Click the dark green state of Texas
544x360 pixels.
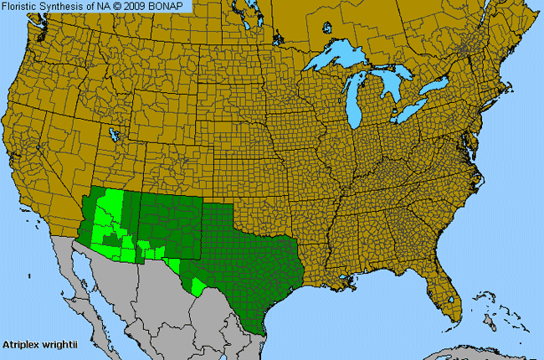coord(251,251)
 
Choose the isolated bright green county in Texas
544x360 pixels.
coord(198,286)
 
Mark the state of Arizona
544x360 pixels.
coord(113,226)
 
